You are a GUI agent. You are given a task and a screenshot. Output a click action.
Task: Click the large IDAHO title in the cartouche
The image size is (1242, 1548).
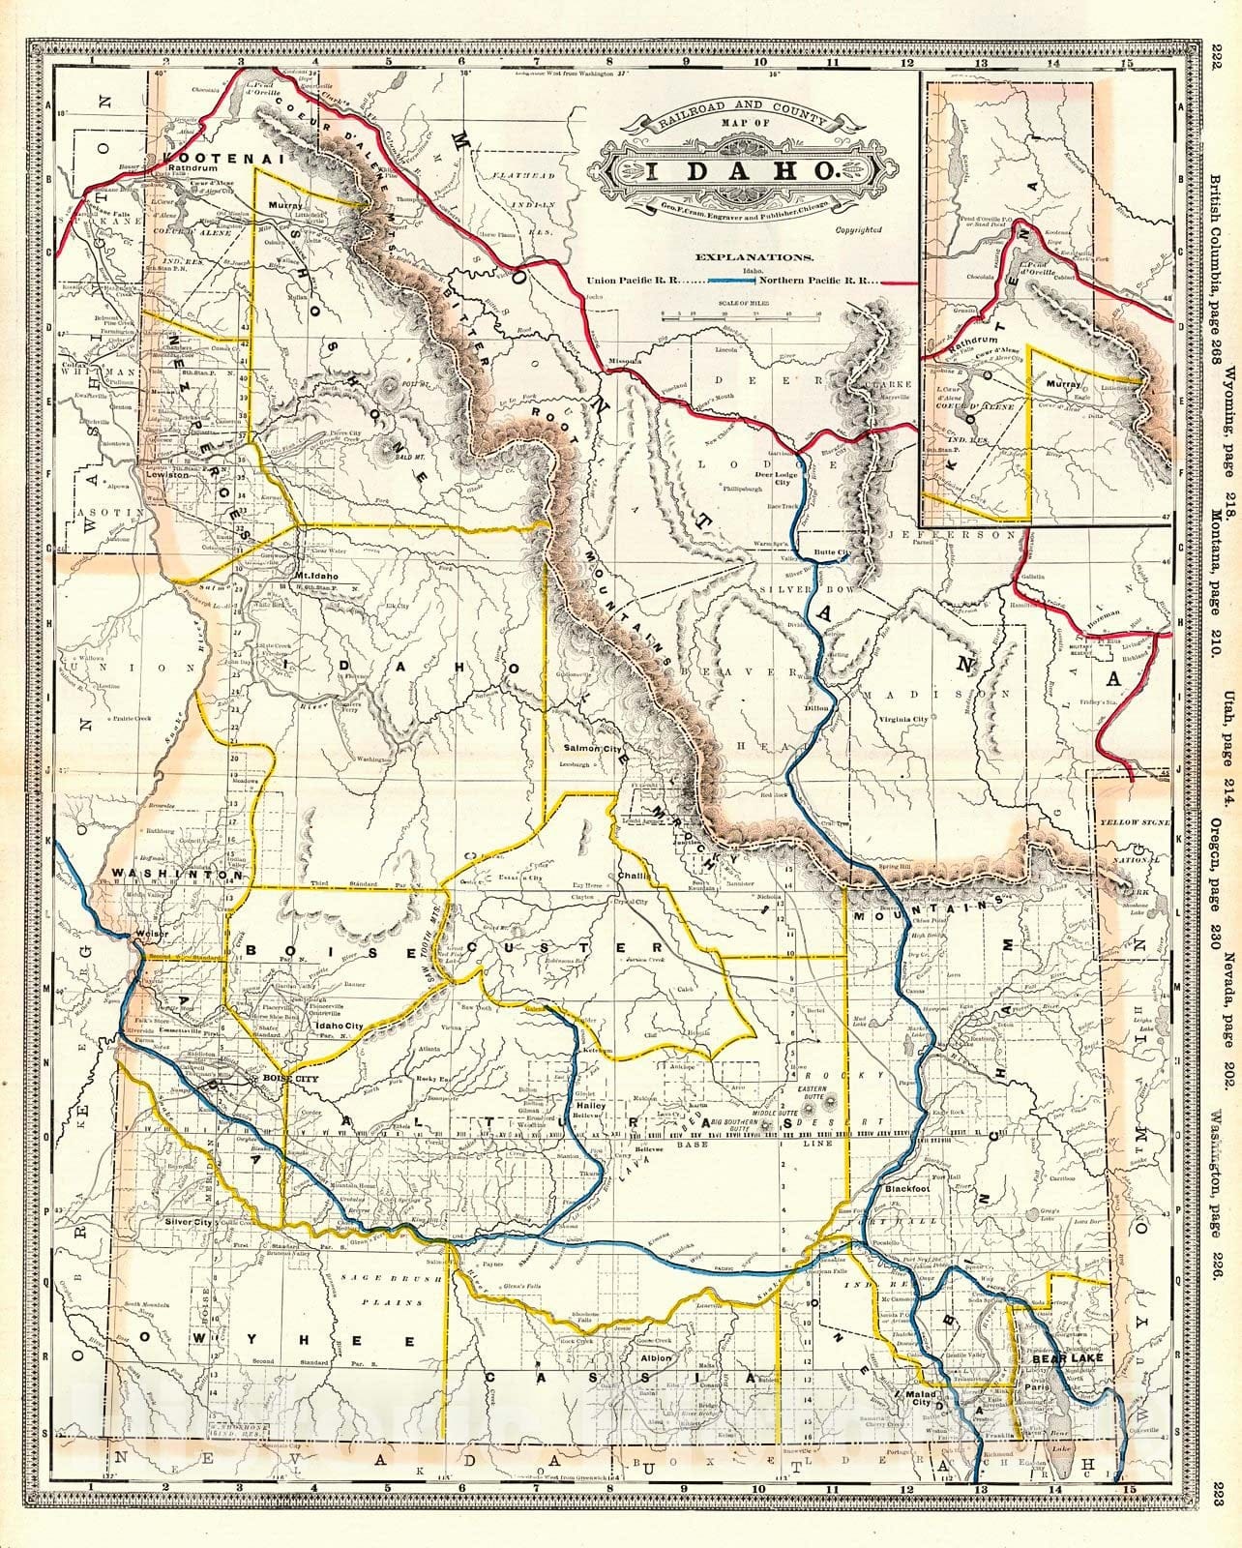tap(741, 171)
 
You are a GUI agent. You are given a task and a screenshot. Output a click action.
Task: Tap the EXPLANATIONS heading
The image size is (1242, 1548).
tap(751, 258)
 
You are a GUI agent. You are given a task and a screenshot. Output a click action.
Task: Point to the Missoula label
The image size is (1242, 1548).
tap(618, 362)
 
